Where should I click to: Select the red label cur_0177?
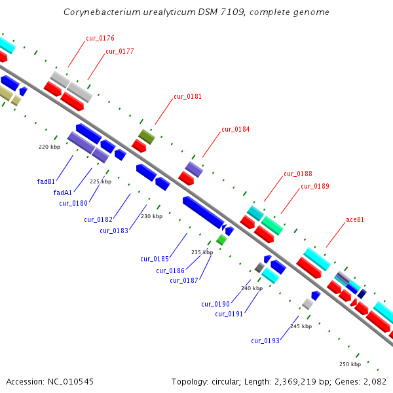(120, 51)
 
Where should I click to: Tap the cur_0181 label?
(187, 96)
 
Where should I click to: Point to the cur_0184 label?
(235, 129)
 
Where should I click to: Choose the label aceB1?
(354, 219)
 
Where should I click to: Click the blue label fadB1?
(45, 180)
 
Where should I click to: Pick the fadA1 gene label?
(62, 193)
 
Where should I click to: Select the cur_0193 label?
(265, 341)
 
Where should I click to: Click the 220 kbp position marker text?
(49, 147)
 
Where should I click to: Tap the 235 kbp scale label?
(202, 252)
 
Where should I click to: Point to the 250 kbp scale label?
(350, 364)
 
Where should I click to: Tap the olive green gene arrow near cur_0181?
(147, 136)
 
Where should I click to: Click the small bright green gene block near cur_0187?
(222, 240)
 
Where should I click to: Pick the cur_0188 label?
(297, 174)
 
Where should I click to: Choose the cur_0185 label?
(155, 259)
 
